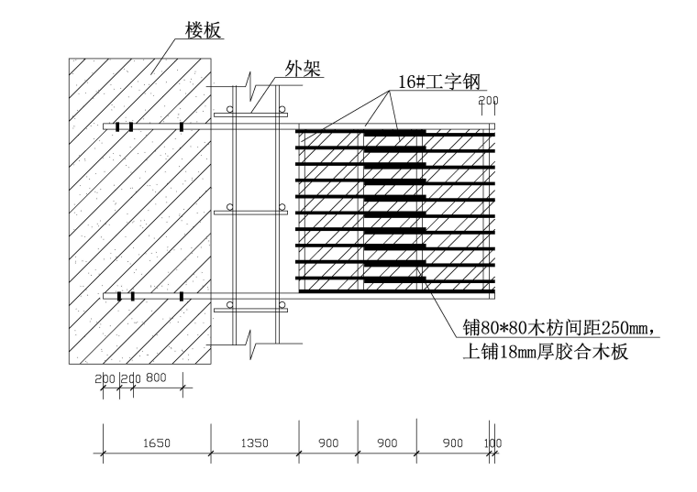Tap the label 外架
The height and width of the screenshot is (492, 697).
[x=304, y=69]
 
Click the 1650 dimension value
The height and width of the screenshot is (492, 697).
[x=156, y=443]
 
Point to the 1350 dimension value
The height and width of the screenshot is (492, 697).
[x=254, y=443]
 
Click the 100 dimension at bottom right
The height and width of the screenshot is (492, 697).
[x=493, y=443]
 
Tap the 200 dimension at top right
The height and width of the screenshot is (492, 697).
[x=488, y=100]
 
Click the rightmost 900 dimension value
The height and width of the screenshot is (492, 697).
[x=453, y=443]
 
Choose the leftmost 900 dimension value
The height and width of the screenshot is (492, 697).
[x=327, y=443]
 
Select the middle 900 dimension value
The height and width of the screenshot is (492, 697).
[x=387, y=443]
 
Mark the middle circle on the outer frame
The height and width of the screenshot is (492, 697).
[x=230, y=206]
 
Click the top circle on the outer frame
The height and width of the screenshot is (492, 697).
[x=230, y=108]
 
